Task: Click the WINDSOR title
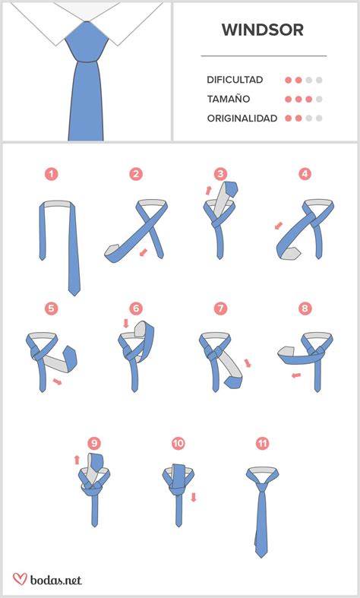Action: [263, 30]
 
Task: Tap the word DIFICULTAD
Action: [235, 80]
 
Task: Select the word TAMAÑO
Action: [229, 99]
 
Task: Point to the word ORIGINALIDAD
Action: [242, 119]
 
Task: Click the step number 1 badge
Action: [51, 174]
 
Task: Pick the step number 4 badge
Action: [305, 174]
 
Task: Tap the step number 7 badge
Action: [220, 308]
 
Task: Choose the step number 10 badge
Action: [178, 443]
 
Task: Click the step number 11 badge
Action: [262, 443]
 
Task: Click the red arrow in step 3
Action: [208, 190]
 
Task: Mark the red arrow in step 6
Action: [126, 324]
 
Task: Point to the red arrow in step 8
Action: [296, 375]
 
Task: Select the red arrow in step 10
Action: [194, 497]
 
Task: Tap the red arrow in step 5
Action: [57, 381]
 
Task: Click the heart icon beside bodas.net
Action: [20, 578]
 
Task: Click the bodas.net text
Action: [55, 580]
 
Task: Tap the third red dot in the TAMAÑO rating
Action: [309, 99]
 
